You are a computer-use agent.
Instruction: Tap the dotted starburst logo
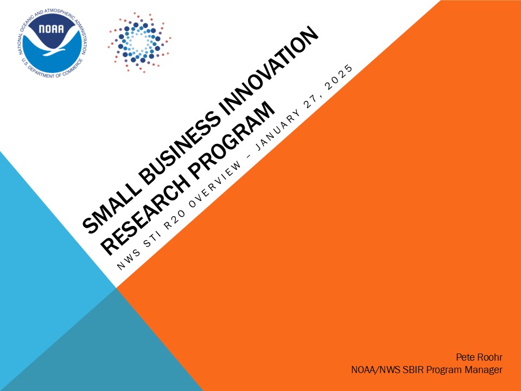pyautogui.click(x=139, y=42)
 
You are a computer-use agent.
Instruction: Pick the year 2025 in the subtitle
pyautogui.click(x=339, y=78)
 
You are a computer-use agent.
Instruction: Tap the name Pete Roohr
pyautogui.click(x=479, y=357)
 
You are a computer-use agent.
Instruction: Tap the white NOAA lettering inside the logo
pyautogui.click(x=51, y=29)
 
